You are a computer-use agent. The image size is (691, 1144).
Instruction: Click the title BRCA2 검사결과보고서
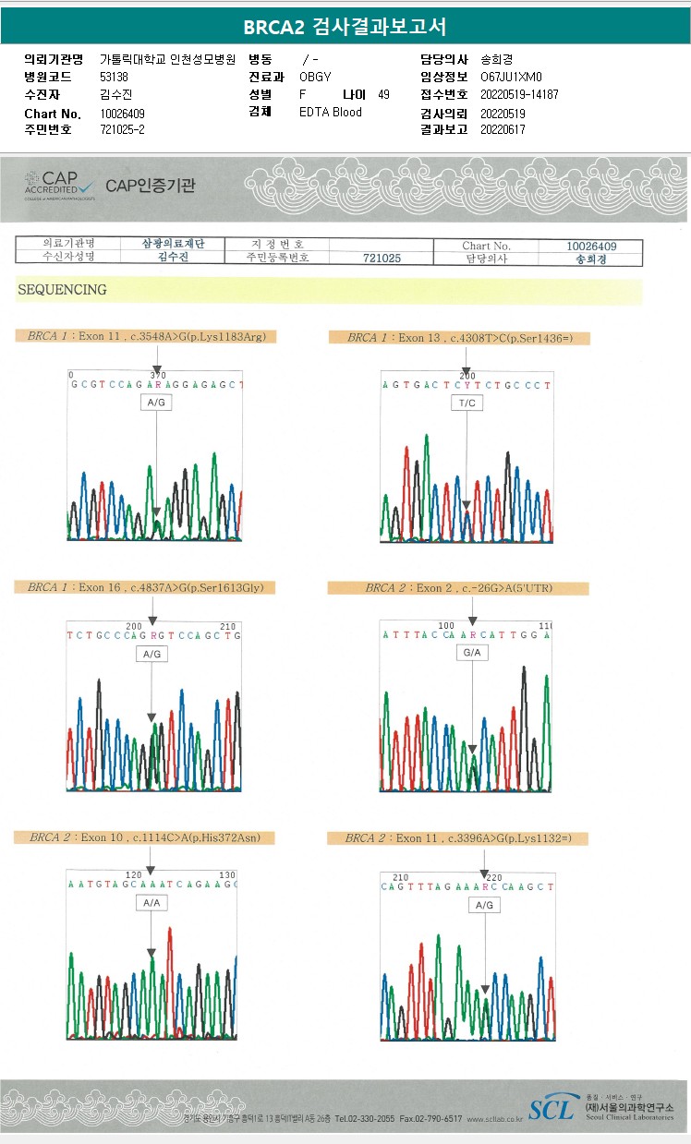[345, 27]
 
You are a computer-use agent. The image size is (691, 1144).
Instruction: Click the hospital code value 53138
[115, 77]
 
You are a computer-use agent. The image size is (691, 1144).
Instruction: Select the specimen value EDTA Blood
[331, 113]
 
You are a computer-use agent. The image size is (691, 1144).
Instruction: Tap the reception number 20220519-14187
[519, 94]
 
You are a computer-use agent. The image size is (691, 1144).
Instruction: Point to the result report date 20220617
[503, 130]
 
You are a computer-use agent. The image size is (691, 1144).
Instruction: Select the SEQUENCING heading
[62, 290]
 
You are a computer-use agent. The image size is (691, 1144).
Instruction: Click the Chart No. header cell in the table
[486, 246]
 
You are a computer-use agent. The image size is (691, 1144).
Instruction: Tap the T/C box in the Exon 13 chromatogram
[466, 403]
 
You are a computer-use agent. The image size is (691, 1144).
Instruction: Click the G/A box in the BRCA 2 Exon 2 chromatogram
[472, 653]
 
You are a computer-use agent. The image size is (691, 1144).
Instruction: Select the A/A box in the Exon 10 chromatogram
[151, 904]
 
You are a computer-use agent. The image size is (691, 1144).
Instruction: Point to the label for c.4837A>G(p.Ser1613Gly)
[139, 587]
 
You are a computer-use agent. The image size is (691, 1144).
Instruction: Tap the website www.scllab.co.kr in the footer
[495, 1119]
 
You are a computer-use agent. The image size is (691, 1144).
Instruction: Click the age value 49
[383, 95]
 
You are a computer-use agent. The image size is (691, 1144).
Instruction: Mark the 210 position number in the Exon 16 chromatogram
[229, 625]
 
